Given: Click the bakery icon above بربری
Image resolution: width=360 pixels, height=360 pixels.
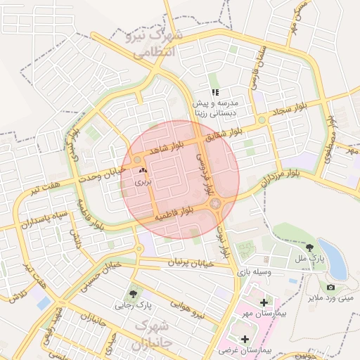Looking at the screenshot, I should coord(143,171).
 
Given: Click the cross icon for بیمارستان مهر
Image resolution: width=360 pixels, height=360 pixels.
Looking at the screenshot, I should coord(264,303).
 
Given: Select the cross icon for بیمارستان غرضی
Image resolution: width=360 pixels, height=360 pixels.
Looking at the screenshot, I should coord(243,338).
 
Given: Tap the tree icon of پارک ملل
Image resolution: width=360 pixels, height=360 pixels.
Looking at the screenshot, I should coord(310,247).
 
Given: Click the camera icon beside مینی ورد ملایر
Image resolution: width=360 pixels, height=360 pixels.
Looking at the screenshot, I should coord(330,287).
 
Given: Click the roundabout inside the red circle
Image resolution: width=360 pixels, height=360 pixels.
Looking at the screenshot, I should coord(215,204).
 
